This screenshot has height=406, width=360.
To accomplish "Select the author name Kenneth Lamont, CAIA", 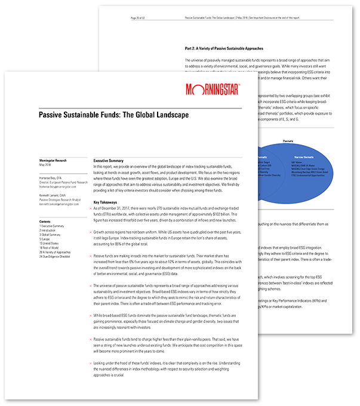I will tap(52, 195).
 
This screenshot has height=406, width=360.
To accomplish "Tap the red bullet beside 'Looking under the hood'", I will tap(89, 362).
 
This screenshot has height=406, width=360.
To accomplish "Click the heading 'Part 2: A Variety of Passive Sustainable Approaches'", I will tap(229, 48).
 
